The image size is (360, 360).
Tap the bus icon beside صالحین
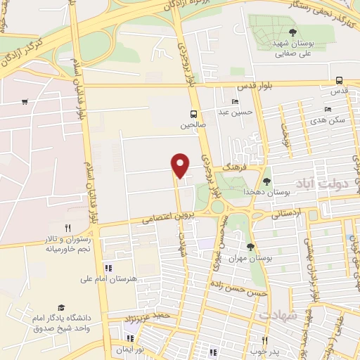click(193, 114)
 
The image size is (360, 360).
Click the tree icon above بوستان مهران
click(251, 246)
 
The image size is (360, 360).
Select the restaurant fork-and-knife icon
click(68, 228)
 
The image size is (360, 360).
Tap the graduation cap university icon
click(62, 308)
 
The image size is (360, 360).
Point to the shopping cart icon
click(25, 102)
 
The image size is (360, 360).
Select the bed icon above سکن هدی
click(327, 110)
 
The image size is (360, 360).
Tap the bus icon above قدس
click(339, 80)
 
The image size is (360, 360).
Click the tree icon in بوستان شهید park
click(292, 32)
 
